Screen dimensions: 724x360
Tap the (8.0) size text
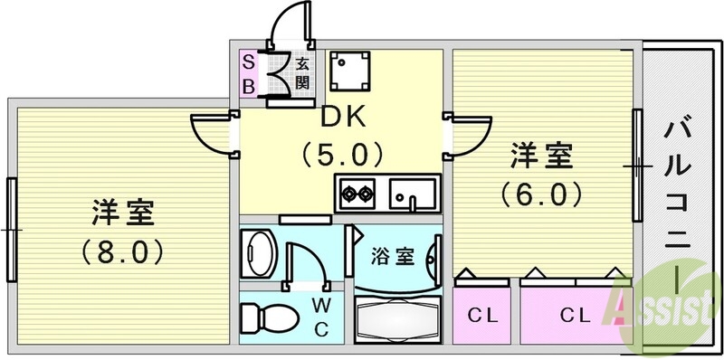tap(121, 251)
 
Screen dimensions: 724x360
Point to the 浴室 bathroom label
tap(393, 256)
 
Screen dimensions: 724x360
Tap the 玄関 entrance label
tap(303, 73)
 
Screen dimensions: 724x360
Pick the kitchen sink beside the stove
tap(412, 192)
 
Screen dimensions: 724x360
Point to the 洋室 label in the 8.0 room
tap(121, 214)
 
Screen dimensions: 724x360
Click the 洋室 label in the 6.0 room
tap(541, 156)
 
